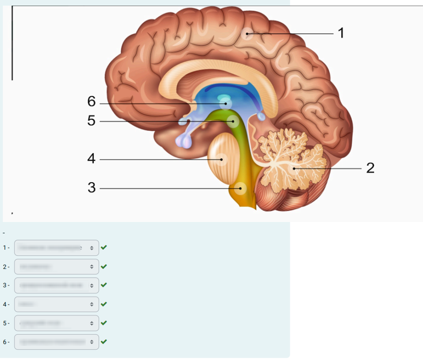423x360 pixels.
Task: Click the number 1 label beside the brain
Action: (341, 33)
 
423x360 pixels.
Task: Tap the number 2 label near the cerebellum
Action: (370, 168)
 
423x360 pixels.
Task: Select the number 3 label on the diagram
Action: (92, 188)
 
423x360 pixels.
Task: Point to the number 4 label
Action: (92, 159)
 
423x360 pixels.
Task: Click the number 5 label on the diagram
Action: (92, 121)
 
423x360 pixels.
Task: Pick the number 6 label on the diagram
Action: (92, 101)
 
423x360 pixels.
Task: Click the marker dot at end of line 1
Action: (247, 33)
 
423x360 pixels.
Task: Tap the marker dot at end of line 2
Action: (293, 168)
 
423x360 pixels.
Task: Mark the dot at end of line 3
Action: (240, 189)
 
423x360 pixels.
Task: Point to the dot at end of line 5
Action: (233, 122)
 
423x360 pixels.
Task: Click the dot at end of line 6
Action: (226, 103)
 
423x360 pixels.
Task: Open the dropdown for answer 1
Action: (56, 248)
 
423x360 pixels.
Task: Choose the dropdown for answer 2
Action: (56, 267)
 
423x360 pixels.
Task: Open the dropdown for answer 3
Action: (56, 285)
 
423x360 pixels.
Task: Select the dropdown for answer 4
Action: (56, 304)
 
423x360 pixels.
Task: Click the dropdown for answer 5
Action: (56, 323)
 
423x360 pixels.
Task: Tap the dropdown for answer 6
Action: (56, 342)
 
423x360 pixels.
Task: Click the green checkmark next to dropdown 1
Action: (104, 247)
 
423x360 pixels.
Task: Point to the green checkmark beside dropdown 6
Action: (104, 342)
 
